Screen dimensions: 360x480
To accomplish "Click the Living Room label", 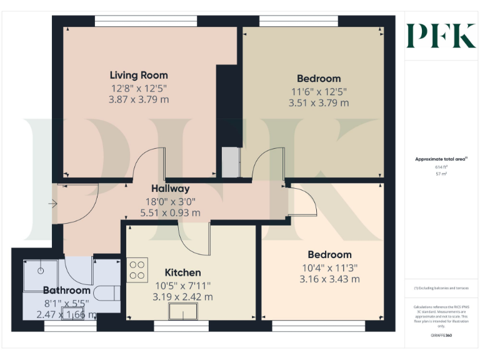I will (x=139, y=76).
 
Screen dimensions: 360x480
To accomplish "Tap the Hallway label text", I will (x=170, y=188).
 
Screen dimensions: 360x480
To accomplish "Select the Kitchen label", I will (x=182, y=272).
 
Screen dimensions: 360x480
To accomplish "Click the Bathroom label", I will (x=67, y=290).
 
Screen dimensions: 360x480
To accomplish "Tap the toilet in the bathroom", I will (x=108, y=294).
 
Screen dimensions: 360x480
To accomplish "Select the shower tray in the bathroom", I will (x=41, y=274).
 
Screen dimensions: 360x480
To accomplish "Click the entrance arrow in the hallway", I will (x=52, y=204).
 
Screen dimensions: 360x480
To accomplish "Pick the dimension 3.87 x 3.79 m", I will (x=139, y=99).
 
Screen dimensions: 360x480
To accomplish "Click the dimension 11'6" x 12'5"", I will (x=319, y=91).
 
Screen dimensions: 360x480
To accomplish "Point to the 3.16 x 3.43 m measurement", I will (x=329, y=279).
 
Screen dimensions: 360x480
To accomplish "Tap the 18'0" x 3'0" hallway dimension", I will (x=170, y=201).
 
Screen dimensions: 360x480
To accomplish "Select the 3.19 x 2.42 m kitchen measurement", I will (x=182, y=297).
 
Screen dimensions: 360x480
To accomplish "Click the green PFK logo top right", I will (x=441, y=35).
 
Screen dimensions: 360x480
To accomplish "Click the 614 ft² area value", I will (x=441, y=167).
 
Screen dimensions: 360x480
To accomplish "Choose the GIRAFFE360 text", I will (x=441, y=336).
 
